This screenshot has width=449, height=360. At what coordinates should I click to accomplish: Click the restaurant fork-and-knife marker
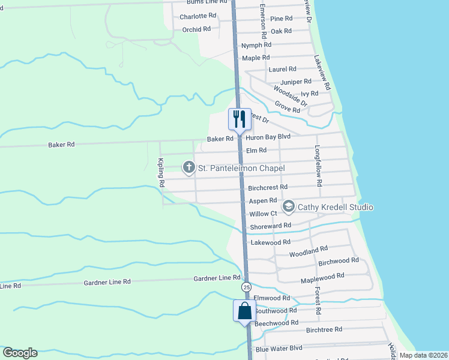239,119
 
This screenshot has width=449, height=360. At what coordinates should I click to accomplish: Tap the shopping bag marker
244,311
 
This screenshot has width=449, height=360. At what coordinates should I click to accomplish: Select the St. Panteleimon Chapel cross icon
188,167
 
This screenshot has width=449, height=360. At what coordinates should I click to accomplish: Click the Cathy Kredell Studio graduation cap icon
289,207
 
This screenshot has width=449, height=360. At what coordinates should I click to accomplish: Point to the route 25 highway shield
247,288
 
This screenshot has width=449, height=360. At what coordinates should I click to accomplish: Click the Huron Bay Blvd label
268,137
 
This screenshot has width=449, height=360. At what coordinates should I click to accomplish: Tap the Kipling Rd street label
161,173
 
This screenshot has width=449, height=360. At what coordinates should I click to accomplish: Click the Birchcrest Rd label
268,188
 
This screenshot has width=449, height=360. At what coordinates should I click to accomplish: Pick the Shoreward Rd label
271,226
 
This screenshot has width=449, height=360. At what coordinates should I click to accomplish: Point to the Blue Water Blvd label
279,349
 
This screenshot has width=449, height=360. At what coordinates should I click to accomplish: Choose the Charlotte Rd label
197,16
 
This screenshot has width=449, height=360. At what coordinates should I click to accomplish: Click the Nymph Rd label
256,45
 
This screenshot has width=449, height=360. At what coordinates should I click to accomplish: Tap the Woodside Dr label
290,96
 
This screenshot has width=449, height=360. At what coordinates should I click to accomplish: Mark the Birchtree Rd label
324,329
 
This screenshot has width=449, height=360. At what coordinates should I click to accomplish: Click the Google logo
20,353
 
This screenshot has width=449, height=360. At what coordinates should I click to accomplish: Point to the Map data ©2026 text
423,355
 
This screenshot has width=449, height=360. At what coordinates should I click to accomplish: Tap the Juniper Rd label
296,82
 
